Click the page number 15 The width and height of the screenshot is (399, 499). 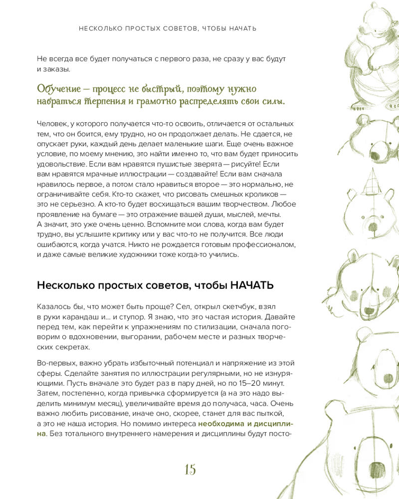click(x=190, y=470)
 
